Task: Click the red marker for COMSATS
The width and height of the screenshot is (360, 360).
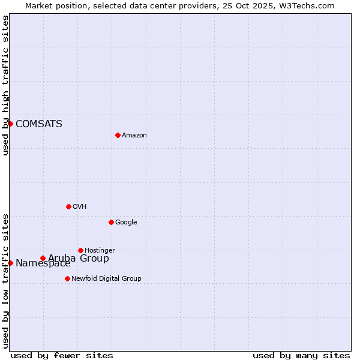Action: point(10,124)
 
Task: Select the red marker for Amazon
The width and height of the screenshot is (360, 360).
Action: point(118,135)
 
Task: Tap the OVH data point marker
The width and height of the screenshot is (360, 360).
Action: point(68,206)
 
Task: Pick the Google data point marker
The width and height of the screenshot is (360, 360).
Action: point(111,222)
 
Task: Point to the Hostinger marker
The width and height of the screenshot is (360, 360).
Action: point(80,250)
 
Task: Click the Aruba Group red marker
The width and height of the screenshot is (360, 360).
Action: point(43,258)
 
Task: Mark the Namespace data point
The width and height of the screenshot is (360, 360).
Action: point(10,263)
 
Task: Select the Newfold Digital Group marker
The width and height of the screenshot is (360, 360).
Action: point(67,278)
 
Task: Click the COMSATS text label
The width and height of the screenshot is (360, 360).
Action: point(38,124)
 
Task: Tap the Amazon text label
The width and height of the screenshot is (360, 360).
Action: point(134,136)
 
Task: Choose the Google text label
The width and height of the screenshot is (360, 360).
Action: point(126,223)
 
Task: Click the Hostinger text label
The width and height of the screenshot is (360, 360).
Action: point(100,251)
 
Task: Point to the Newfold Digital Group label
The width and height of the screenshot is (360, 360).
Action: point(106,279)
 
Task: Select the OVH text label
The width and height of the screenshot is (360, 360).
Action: point(79,207)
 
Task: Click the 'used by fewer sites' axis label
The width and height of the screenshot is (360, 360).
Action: point(62,355)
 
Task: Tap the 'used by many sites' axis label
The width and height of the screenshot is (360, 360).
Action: point(301,355)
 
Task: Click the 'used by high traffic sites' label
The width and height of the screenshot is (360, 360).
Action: point(5,85)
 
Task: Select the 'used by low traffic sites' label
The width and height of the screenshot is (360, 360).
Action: point(5,281)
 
